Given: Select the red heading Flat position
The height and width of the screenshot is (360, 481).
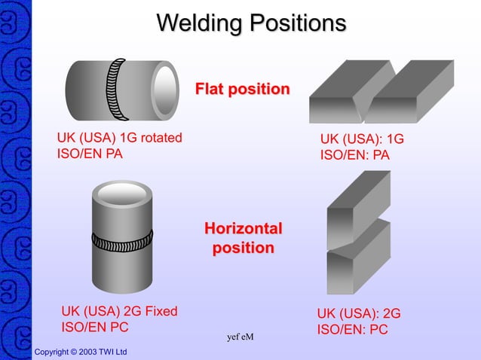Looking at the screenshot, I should coord(242,90).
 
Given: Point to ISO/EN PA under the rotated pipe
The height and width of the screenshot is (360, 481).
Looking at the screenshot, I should coord(90,154).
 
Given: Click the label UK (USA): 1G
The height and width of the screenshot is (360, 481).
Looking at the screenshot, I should coord(362,139).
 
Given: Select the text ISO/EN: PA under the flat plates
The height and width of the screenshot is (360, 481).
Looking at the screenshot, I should coord(355,156).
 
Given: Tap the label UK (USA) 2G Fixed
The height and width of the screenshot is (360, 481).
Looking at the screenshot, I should coord(119,311).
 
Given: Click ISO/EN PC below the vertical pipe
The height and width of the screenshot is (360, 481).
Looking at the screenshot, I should coord(94,328).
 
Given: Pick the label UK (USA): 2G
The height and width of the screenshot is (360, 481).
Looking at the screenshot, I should coord(358,313).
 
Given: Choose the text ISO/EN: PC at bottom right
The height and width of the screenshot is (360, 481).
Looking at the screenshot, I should coord(352,329).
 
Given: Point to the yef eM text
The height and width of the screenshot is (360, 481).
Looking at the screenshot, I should coord(240,337).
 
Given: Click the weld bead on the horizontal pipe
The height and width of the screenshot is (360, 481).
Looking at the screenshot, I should coord(117,88).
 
